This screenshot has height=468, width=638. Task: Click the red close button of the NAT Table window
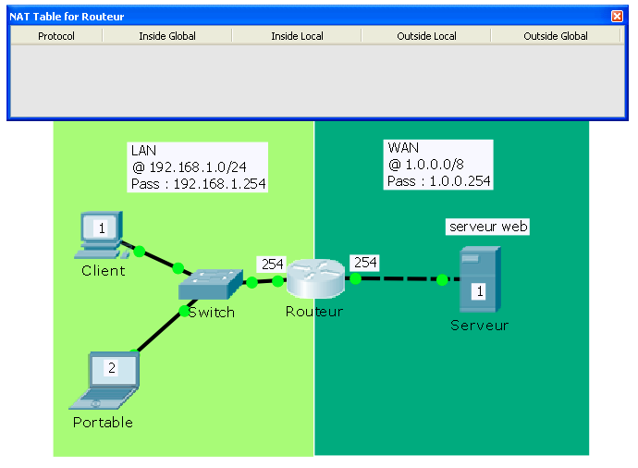coord(617,16)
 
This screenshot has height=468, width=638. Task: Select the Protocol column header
coord(55,36)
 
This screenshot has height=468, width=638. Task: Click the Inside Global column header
coord(167,36)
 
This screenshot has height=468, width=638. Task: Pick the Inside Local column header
coord(297,36)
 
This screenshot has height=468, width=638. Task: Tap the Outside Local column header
coord(426,36)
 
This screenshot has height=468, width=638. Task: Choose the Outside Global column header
coord(556,36)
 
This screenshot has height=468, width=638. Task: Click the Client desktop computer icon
coord(100,236)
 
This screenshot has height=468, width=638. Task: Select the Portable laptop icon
coord(108,379)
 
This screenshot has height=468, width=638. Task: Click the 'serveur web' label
coord(488,227)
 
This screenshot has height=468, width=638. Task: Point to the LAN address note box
coord(198,167)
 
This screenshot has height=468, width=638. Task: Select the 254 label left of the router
coord(272,264)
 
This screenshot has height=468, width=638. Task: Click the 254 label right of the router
coord(365,263)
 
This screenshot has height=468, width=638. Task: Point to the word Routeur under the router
coord(314,312)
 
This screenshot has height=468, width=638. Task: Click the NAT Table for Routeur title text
coord(67,16)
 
